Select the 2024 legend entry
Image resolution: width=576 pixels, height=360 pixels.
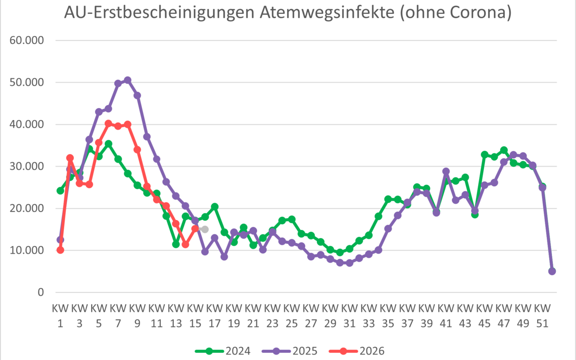pyautogui.click(x=223, y=351)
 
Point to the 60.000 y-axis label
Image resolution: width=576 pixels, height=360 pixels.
pyautogui.click(x=27, y=40)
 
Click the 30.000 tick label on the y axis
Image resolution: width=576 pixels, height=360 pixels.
pyautogui.click(x=27, y=167)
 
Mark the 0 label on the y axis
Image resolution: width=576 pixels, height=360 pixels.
pyautogui.click(x=40, y=292)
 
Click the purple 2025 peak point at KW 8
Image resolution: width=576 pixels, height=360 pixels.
pyautogui.click(x=128, y=80)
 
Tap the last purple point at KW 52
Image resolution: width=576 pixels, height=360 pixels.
pyautogui.click(x=552, y=271)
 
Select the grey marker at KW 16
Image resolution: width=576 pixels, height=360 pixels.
pyautogui.click(x=204, y=229)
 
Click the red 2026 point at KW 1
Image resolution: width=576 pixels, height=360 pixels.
pyautogui.click(x=60, y=250)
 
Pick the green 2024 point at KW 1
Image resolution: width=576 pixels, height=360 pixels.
pyautogui.click(x=60, y=191)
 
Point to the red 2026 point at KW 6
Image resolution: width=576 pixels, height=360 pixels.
pyautogui.click(x=108, y=123)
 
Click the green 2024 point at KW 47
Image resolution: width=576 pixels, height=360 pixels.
pyautogui.click(x=504, y=150)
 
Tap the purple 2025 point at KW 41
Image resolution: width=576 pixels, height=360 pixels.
pyautogui.click(x=446, y=171)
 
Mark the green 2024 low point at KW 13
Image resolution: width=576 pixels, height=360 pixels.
pyautogui.click(x=176, y=244)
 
